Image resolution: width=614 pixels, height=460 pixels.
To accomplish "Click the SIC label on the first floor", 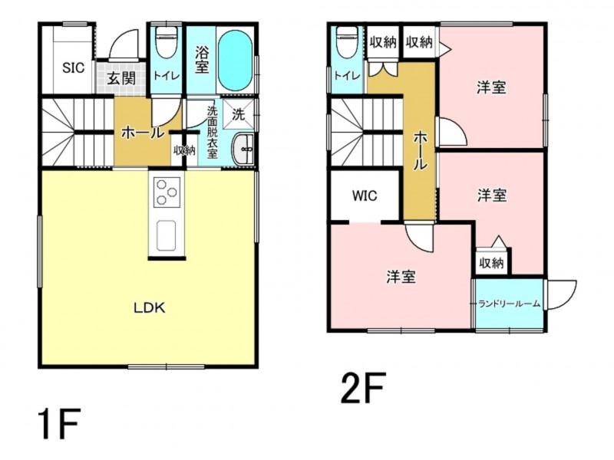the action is [74, 67].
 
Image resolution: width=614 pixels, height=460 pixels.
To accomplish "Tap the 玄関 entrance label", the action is [122, 78].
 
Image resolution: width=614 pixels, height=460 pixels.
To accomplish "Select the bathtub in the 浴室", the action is [235, 61].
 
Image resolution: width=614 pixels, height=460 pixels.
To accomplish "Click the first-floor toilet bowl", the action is [167, 42].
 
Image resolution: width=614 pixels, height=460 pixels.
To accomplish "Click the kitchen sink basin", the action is [166, 235].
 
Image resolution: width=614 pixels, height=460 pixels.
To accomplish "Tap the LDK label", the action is [150, 308].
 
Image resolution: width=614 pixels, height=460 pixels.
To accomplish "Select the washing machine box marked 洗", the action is [239, 113].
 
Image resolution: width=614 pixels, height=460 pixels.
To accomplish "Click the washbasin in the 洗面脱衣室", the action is [243, 149].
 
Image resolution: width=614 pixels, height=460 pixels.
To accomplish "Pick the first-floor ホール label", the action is [143, 133].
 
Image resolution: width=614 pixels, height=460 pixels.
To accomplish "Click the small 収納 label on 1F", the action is [185, 150].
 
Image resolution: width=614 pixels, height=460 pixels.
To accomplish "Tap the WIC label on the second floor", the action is [365, 195].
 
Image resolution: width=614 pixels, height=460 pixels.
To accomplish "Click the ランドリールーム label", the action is [510, 304].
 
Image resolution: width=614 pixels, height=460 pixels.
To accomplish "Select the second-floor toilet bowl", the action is [348, 42].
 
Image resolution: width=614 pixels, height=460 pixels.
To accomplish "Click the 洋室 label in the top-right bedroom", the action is [491, 87].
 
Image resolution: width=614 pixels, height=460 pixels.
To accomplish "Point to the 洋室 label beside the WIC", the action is [401, 277].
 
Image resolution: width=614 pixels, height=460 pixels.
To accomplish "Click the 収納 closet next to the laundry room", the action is [491, 263].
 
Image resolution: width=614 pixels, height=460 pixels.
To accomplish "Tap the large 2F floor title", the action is [364, 387].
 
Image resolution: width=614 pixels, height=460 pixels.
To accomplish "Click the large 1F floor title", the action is [60, 424].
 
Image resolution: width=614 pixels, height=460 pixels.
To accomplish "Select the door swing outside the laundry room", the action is [561, 294].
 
